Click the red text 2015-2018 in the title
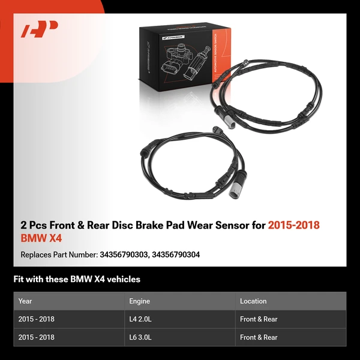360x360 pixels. click(293, 226)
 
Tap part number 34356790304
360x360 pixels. click(176, 255)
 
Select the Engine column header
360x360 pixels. click(139, 301)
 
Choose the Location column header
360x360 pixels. click(253, 301)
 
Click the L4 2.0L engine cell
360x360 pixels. click(143, 319)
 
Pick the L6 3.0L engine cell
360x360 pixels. click(143, 337)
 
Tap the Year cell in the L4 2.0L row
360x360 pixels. click(37, 319)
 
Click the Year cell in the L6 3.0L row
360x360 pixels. click(37, 337)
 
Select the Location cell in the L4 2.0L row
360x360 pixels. click(259, 319)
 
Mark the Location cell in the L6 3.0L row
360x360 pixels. click(259, 337)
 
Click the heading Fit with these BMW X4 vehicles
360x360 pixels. click(77, 279)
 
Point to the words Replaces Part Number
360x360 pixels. click(58, 255)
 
